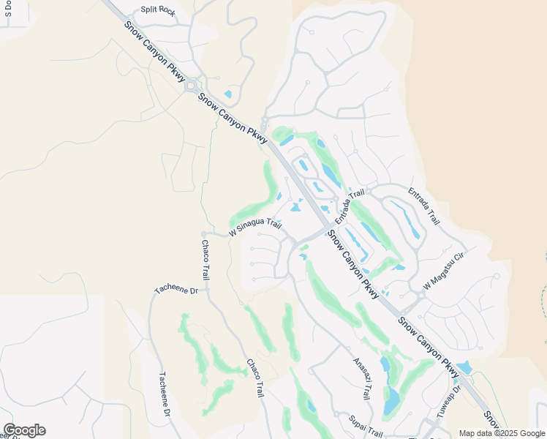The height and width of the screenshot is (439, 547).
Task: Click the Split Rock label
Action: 158,10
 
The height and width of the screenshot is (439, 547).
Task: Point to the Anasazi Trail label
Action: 361,378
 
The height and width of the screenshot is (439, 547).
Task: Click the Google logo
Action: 24,430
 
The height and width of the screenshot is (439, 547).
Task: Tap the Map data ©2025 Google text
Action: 502,433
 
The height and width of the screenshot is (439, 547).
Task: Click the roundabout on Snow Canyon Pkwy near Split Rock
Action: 192,86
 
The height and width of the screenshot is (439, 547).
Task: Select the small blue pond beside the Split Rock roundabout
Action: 228,94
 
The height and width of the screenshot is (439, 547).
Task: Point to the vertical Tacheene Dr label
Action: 165,396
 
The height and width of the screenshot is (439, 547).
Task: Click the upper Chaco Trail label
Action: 205,260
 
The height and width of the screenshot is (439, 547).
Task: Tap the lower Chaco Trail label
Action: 254,378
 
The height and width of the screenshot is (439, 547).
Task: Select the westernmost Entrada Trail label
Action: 350,206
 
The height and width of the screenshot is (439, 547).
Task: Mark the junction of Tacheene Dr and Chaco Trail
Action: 207,289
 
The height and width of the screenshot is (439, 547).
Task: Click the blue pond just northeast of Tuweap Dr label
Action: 464,367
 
